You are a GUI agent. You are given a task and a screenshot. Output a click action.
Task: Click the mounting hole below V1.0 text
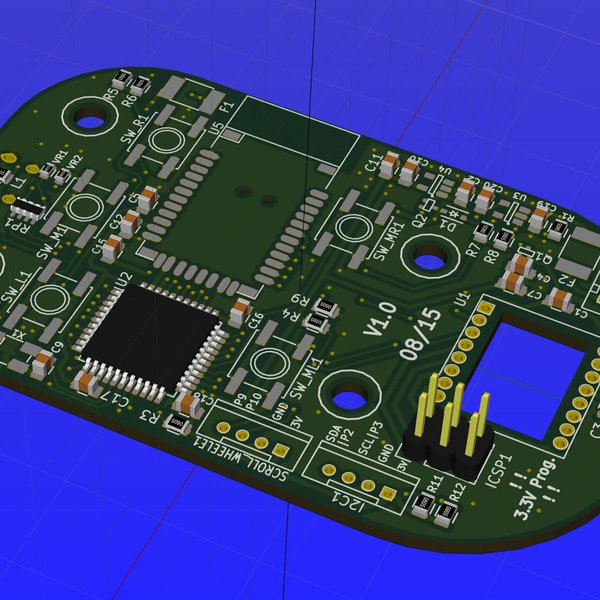[349, 399]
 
